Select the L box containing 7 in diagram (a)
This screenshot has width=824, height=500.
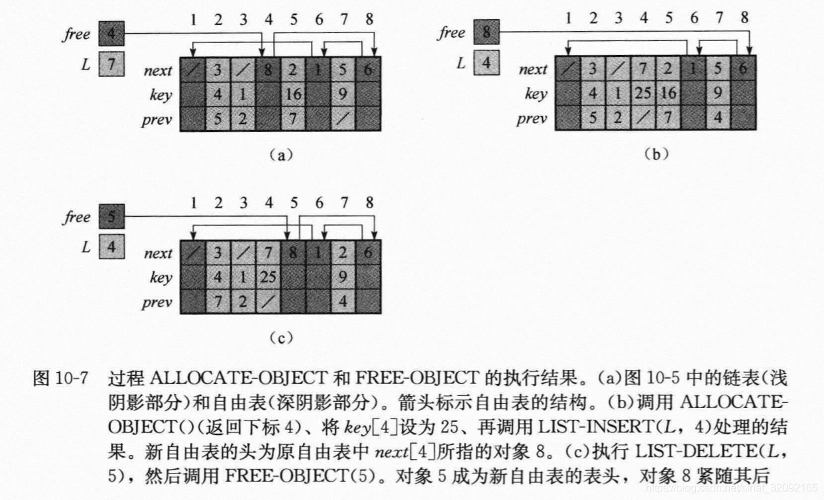coord(111,65)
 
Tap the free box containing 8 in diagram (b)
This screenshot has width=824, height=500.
coord(486,32)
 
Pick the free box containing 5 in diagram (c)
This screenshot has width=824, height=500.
coord(111,216)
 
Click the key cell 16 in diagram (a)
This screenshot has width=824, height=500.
coord(293,94)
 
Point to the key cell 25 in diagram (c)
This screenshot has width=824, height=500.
coord(268,277)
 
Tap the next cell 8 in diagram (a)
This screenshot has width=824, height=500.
coord(268,70)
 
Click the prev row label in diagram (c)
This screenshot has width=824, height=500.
coord(157,303)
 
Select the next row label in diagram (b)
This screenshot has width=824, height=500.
coord(533,69)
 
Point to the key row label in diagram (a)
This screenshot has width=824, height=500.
coord(160,95)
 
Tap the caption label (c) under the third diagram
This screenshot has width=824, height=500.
coord(280,338)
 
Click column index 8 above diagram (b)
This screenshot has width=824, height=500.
coord(744,18)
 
